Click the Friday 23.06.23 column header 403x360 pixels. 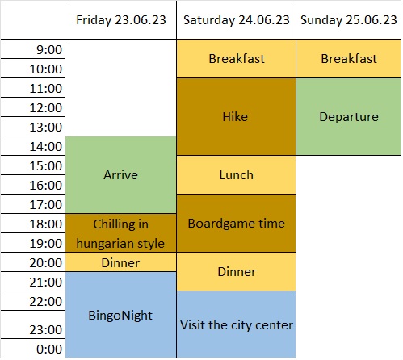click(x=121, y=20)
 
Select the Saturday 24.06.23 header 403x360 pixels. click(x=237, y=20)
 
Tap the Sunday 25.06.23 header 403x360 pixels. click(x=348, y=20)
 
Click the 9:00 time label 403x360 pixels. click(x=49, y=50)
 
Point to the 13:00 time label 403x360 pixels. click(x=46, y=128)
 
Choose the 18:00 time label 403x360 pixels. click(x=46, y=224)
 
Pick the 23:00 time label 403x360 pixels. click(x=46, y=330)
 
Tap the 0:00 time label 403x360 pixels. click(x=49, y=350)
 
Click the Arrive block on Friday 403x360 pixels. click(x=121, y=175)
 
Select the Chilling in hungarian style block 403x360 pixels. click(x=121, y=233)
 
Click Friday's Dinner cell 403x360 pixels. click(x=121, y=262)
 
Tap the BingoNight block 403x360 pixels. click(x=121, y=315)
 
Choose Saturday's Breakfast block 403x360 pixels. click(x=237, y=59)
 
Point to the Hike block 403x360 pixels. click(x=237, y=117)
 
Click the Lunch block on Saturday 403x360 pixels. click(x=237, y=175)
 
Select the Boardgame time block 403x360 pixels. click(x=237, y=224)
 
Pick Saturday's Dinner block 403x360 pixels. click(x=237, y=272)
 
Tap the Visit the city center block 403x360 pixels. click(x=237, y=324)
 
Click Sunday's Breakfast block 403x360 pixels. click(x=348, y=59)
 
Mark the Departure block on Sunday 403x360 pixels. click(x=348, y=117)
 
